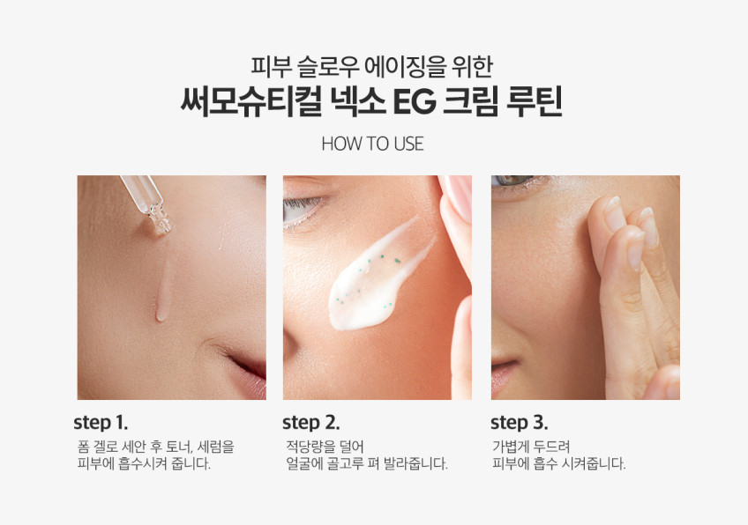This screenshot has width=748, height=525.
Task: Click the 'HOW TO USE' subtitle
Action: (x=372, y=144)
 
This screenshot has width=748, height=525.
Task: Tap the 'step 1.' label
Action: (x=101, y=423)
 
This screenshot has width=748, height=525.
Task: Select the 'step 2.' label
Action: (x=310, y=423)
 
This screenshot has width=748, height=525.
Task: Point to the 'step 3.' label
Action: (x=519, y=423)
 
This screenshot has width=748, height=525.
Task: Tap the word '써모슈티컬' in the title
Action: (x=251, y=101)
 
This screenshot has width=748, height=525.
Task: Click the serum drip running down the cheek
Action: (x=163, y=291)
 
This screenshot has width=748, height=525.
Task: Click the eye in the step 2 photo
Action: (x=302, y=210)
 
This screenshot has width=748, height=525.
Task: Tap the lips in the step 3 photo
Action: (x=503, y=372)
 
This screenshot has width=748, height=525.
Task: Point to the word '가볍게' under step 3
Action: (x=511, y=447)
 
